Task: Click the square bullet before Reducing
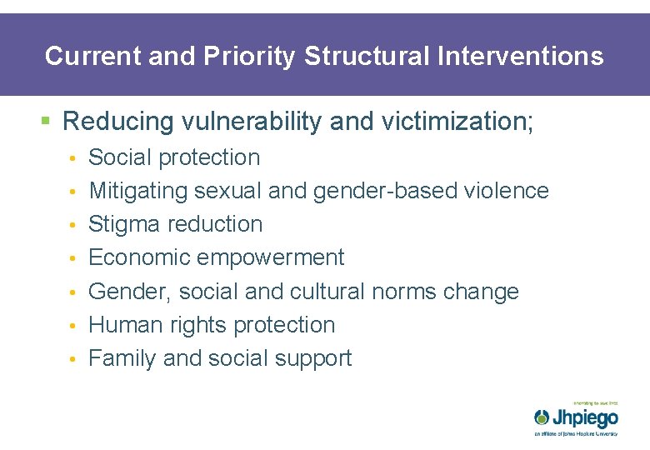[x=46, y=122]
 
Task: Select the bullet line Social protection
[x=174, y=157]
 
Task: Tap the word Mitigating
[x=138, y=191]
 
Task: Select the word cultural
[x=327, y=292]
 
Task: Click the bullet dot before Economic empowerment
[x=74, y=259]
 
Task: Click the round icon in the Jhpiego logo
[x=542, y=417]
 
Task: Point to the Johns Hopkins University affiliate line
[x=576, y=433]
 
